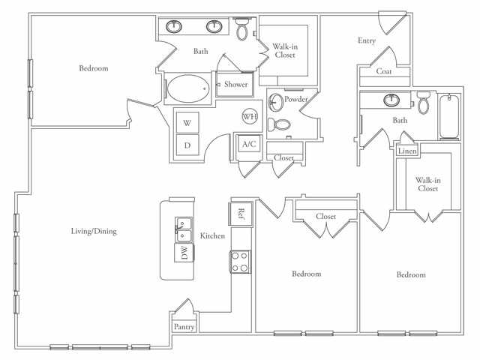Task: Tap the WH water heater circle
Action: click(250, 117)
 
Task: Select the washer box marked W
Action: click(187, 122)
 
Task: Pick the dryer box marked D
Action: click(187, 145)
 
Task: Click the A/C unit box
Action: click(248, 145)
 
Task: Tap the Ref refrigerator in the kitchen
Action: click(241, 213)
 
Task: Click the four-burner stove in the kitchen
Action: click(240, 261)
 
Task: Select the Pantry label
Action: click(184, 327)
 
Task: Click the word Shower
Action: click(235, 85)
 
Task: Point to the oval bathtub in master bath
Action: click(187, 90)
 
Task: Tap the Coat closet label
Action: click(384, 73)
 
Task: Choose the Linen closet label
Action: click(407, 151)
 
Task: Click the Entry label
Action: click(366, 40)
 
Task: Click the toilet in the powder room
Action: click(280, 125)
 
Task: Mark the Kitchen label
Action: click(212, 236)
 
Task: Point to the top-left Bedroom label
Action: click(94, 68)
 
